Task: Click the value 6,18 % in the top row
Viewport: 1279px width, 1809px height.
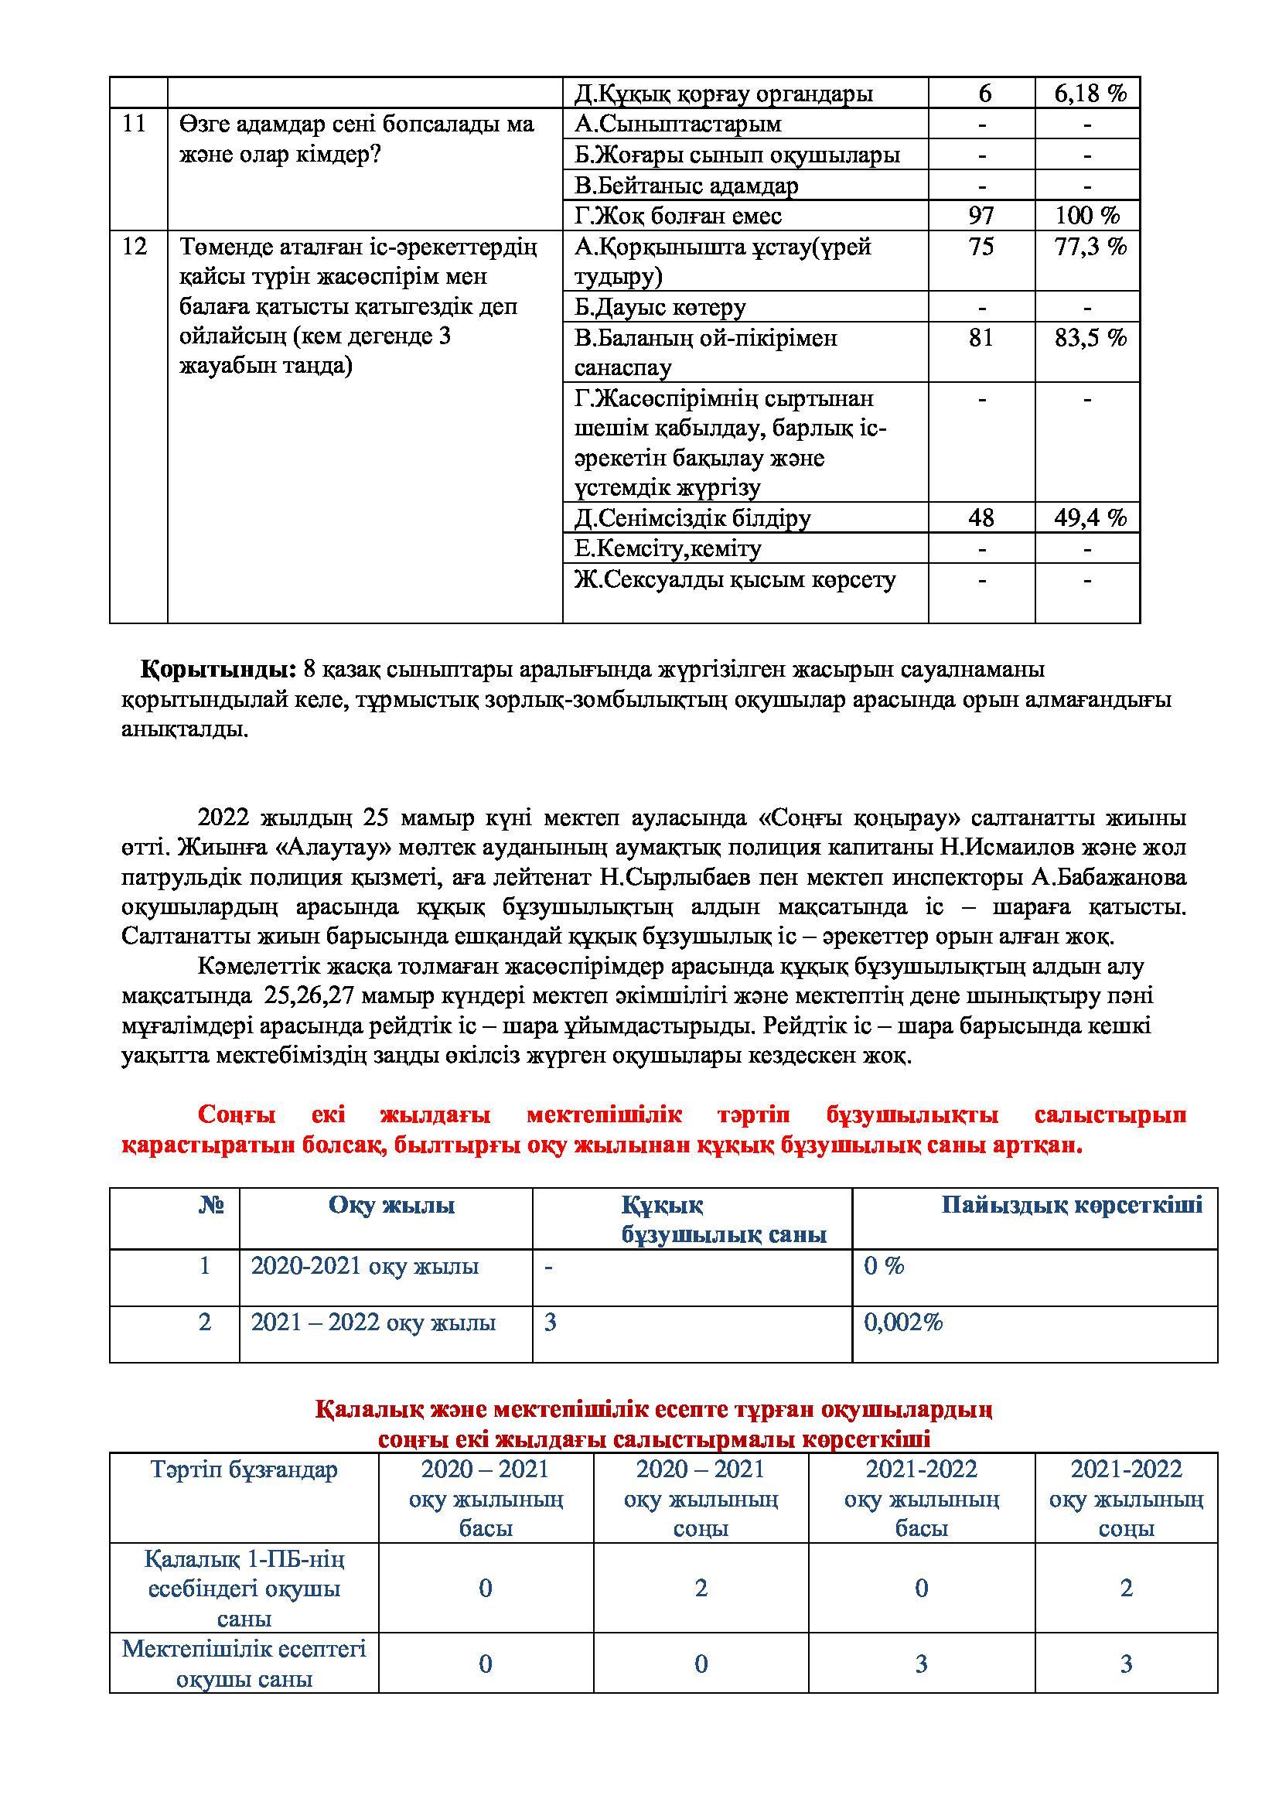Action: (1090, 94)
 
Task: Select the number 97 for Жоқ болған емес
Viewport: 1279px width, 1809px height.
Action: (981, 215)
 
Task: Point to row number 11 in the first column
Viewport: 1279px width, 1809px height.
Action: (135, 125)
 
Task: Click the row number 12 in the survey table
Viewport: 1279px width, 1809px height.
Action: (135, 247)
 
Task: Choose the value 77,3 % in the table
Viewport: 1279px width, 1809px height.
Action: (1090, 247)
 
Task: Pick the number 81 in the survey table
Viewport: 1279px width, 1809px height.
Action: (981, 338)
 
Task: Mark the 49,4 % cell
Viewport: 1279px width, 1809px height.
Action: (1090, 517)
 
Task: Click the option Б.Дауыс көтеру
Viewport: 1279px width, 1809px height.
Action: (660, 307)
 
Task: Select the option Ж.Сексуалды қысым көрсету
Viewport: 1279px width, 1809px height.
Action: (735, 580)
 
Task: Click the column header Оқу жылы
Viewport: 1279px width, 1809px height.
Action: (391, 1206)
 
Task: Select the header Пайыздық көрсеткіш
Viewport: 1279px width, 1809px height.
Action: (1072, 1206)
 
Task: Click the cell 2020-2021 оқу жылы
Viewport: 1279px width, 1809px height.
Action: (365, 1266)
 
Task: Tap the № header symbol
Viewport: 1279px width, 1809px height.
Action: (212, 1206)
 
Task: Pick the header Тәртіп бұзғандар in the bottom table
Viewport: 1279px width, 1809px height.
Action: (244, 1469)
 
